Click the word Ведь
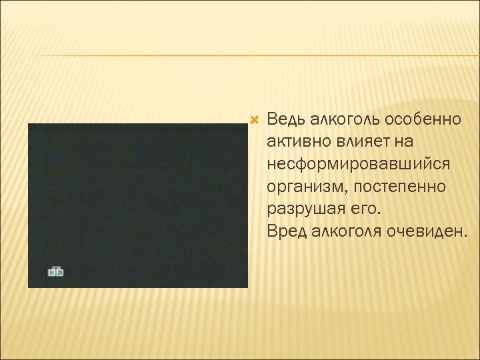coord(285,120)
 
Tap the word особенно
coord(422,120)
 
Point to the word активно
coord(296,142)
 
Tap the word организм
coord(305,187)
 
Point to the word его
coord(364,209)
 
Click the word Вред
coord(285,231)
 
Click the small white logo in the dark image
coord(55,272)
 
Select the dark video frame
coord(137,200)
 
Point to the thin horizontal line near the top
coord(240,56)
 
